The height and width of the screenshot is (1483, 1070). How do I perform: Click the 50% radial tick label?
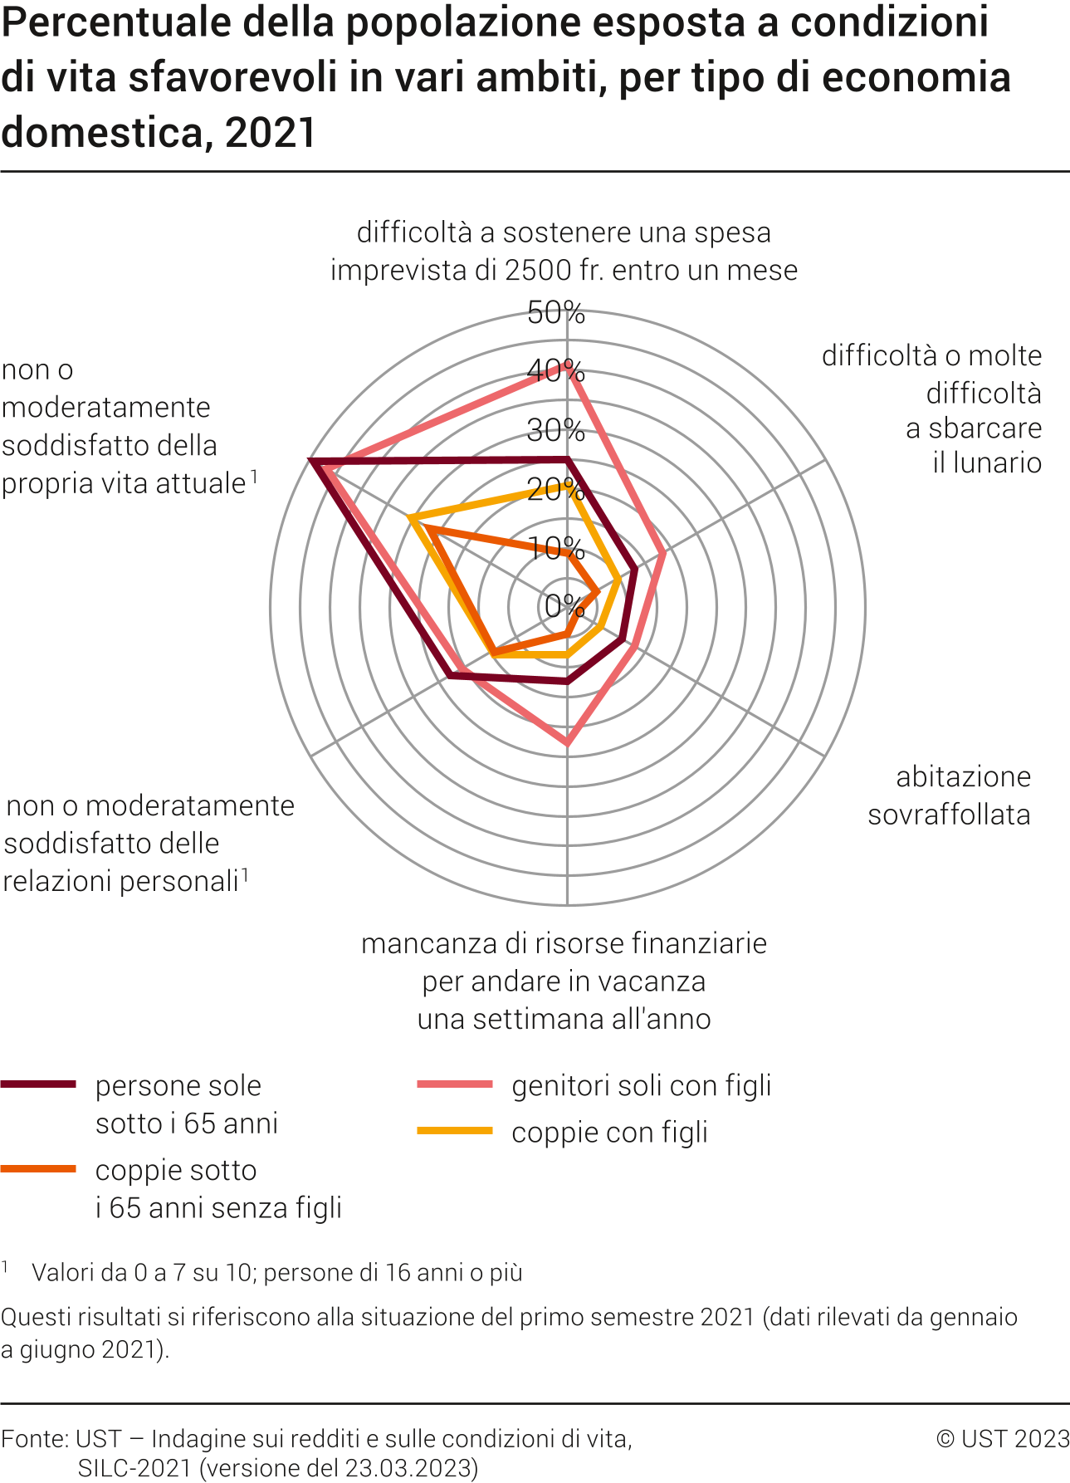(x=555, y=313)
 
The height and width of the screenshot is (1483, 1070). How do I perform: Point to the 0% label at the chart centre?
(x=564, y=605)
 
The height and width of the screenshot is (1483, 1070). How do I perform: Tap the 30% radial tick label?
(x=555, y=430)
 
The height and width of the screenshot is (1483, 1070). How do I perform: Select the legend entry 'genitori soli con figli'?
(x=641, y=1085)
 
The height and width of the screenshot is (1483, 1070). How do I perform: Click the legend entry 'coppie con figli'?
(x=609, y=1132)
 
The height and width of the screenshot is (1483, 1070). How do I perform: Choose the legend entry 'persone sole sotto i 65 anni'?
(x=186, y=1104)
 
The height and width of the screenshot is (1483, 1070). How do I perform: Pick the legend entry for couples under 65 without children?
(x=217, y=1188)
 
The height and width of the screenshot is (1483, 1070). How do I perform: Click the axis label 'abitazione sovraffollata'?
(x=949, y=795)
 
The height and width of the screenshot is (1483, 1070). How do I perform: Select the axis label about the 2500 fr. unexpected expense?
(x=564, y=251)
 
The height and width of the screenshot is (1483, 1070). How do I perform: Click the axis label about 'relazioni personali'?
(x=149, y=843)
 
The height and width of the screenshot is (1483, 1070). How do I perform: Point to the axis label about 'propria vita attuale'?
(x=125, y=427)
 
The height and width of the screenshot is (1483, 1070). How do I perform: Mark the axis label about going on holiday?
(x=564, y=981)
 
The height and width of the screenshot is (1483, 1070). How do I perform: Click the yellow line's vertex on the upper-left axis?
(x=411, y=519)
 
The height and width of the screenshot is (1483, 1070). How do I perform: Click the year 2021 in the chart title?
(x=271, y=133)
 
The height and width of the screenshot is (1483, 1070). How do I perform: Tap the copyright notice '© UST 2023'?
(x=1003, y=1438)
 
